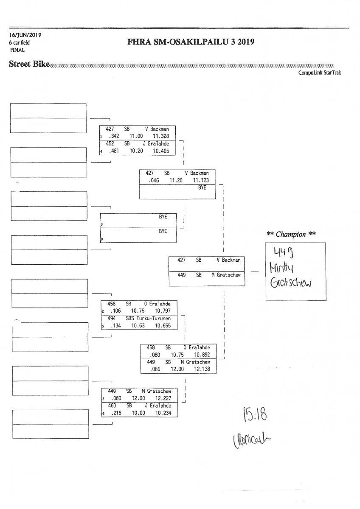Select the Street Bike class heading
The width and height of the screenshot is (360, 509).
coord(29,64)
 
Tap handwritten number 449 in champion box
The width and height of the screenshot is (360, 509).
coord(281,253)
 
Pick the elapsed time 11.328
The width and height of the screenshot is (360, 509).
coord(161,136)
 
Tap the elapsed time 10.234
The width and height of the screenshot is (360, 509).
coord(163,413)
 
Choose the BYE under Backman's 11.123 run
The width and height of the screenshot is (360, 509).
coord(202,187)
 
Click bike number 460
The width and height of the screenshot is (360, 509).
coord(112,406)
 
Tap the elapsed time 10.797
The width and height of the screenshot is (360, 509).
coord(163,310)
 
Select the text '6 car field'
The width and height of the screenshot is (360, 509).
coord(20,42)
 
